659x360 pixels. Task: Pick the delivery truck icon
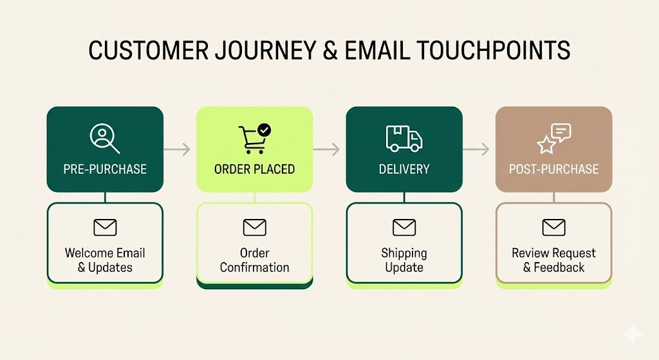tap(404, 138)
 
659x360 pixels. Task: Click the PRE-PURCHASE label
tap(105, 169)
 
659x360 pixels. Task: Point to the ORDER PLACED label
tap(254, 169)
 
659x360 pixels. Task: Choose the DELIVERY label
tap(404, 169)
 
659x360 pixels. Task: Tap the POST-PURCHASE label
tap(553, 169)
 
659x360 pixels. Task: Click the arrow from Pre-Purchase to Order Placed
tap(178, 149)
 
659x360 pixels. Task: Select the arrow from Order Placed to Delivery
tap(327, 149)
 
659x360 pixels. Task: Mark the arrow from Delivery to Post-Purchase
tap(477, 149)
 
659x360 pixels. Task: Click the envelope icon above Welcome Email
tap(105, 227)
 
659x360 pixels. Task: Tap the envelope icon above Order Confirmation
tap(254, 227)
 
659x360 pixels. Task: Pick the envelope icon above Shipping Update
tap(404, 227)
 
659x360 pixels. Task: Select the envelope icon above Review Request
tap(553, 227)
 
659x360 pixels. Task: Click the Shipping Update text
tap(404, 260)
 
